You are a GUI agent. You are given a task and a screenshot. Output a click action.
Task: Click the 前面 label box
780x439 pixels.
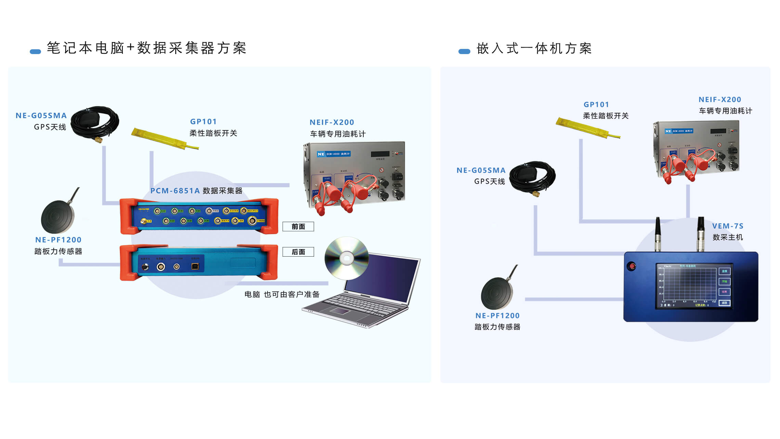pyautogui.click(x=298, y=227)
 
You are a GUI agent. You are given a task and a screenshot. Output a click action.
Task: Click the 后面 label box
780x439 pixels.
pyautogui.click(x=298, y=252)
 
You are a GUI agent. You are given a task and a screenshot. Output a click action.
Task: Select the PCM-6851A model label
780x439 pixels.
pyautogui.click(x=175, y=191)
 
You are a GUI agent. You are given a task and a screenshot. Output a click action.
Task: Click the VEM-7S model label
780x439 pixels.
pyautogui.click(x=727, y=226)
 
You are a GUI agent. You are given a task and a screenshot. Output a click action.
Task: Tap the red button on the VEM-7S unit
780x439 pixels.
pyautogui.click(x=632, y=266)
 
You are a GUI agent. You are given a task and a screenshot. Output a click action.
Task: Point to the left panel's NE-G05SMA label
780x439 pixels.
pyautogui.click(x=41, y=116)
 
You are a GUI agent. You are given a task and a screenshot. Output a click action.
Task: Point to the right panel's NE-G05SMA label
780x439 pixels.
pyautogui.click(x=481, y=170)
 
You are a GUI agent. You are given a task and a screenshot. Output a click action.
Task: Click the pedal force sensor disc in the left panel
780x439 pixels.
pyautogui.click(x=57, y=216)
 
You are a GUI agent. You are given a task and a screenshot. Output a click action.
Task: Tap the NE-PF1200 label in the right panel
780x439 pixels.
pyautogui.click(x=497, y=315)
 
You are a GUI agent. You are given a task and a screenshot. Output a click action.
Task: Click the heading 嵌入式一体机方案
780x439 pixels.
pyautogui.click(x=534, y=49)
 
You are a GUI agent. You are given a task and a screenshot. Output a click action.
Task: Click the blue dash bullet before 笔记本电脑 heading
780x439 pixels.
pyautogui.click(x=35, y=52)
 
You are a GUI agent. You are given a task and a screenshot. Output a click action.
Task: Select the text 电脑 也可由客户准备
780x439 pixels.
pyautogui.click(x=282, y=294)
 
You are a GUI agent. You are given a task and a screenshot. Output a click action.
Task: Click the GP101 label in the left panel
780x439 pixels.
pyautogui.click(x=203, y=121)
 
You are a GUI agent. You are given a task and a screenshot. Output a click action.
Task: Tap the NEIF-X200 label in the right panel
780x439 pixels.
pyautogui.click(x=719, y=100)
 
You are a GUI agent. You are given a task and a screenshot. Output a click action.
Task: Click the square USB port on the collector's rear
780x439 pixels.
pyautogui.click(x=195, y=267)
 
